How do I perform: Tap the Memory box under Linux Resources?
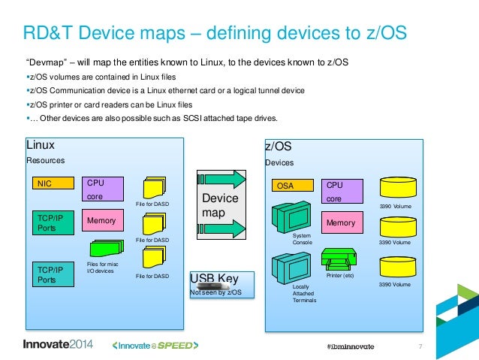click(102, 221)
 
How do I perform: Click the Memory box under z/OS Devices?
click(342, 222)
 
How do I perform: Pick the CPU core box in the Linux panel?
click(102, 188)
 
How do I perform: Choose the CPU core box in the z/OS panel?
click(342, 189)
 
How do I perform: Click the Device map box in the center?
click(221, 205)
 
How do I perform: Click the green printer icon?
click(339, 259)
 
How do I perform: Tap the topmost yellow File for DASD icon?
click(155, 187)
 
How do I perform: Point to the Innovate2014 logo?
click(58, 345)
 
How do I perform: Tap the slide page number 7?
click(420, 346)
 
